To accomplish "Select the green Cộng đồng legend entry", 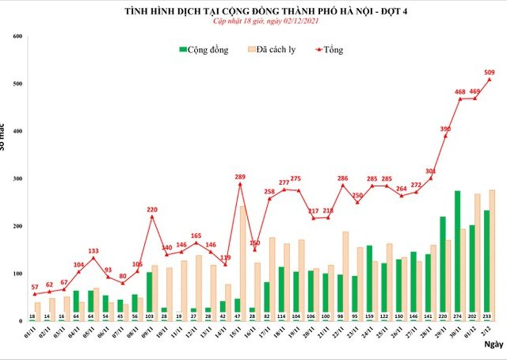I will click(204, 50).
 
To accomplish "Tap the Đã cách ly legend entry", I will click(277, 50).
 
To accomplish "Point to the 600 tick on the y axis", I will click(17, 36).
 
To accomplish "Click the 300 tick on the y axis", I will click(17, 179).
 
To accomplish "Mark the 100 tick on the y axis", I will click(17, 274).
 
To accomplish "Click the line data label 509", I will click(489, 71).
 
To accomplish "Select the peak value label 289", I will click(239, 176).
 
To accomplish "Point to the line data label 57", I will click(33, 286).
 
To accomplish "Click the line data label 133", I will click(93, 251).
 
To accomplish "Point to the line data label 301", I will click(430, 170).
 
